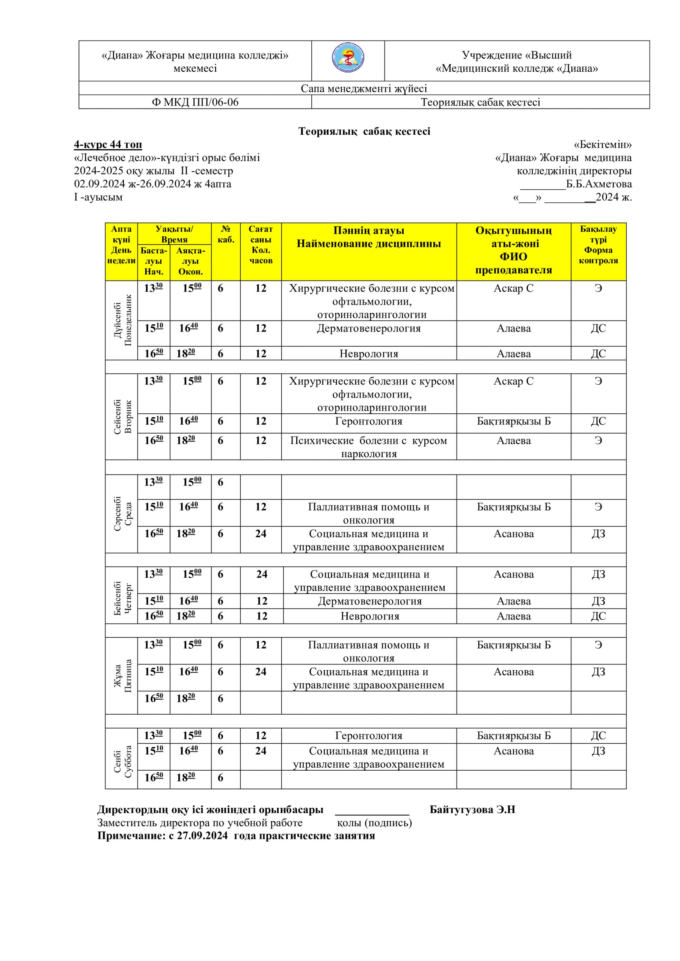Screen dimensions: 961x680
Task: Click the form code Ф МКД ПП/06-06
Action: tap(195, 102)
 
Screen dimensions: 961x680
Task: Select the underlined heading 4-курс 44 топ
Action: tap(108, 145)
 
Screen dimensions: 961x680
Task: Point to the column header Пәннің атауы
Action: tap(368, 230)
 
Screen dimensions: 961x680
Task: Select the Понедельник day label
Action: tap(128, 320)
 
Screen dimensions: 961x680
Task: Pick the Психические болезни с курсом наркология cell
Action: tap(368, 447)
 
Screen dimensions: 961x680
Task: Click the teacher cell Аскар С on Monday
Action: tap(513, 288)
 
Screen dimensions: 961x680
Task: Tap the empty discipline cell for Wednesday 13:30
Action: tap(368, 487)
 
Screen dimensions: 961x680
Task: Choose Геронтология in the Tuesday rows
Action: tap(368, 421)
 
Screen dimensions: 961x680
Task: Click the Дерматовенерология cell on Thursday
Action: tap(370, 601)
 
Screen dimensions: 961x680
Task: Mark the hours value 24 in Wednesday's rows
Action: tap(261, 534)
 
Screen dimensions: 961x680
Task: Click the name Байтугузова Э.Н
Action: tap(472, 809)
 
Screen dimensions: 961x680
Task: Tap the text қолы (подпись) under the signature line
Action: tap(374, 823)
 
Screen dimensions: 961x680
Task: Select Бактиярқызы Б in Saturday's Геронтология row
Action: tap(513, 735)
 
